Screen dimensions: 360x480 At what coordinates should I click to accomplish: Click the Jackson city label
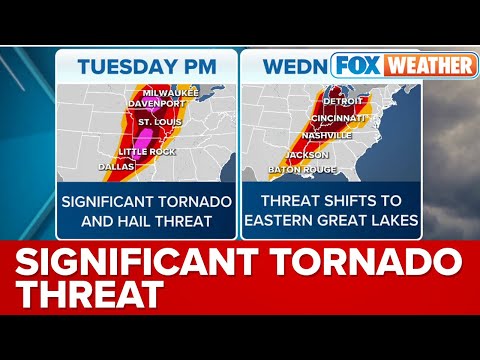(306, 155)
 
